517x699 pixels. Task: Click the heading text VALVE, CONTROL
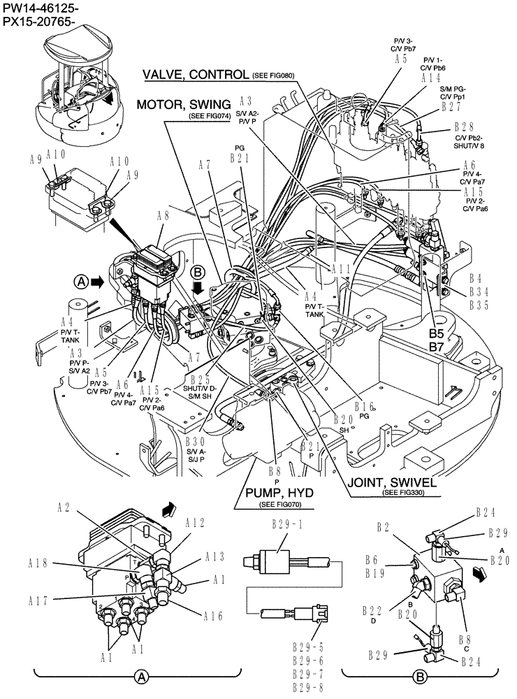pos(196,74)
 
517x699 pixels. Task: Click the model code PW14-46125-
pos(40,8)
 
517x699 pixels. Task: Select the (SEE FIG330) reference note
pos(402,493)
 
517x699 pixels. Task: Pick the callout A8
pos(163,215)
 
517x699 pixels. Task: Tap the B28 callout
pos(464,127)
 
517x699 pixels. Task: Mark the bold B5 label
pos(437,333)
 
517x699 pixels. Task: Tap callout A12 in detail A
pos(195,522)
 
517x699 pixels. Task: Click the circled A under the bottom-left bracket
pos(141,677)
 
